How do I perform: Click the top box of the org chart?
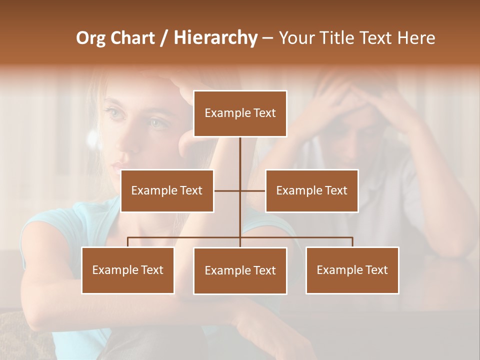click(x=240, y=113)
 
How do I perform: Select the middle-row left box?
click(x=167, y=190)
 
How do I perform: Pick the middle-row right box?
click(x=311, y=190)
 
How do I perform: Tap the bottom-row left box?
click(x=128, y=270)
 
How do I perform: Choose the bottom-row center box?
click(x=240, y=270)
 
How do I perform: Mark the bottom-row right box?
click(x=352, y=270)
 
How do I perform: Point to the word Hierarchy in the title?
click(x=215, y=38)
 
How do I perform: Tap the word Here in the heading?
click(x=416, y=38)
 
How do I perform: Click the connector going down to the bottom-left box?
click(x=128, y=242)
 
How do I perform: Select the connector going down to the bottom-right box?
click(x=352, y=242)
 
